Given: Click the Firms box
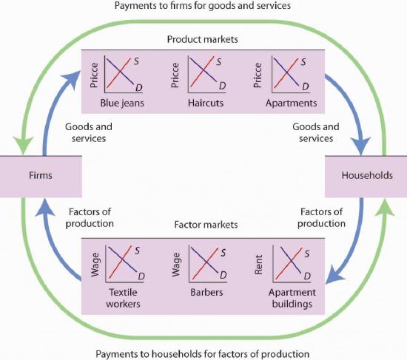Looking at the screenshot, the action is point(41,177).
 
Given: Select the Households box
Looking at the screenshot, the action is point(366,177).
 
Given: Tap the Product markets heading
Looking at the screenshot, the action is point(203,39).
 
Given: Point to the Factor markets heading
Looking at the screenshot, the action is point(206,225).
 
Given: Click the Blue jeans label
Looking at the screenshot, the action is point(122,103).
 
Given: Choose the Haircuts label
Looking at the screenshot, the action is point(206,103).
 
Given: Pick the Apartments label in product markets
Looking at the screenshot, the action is point(292,103).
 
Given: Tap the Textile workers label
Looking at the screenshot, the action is point(123,298).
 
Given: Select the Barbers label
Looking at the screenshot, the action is point(206,292).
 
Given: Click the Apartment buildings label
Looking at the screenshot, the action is point(292,298).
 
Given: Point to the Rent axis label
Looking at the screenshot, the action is point(258,265).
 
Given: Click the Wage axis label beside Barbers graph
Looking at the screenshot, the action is point(176,265).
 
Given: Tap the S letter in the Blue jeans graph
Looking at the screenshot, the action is point(137,61).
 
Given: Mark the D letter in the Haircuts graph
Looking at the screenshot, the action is point(223,86).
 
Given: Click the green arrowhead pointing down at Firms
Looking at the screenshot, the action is point(23,145).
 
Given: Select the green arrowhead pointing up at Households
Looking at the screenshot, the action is point(386,208).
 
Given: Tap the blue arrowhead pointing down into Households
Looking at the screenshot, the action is point(361,146).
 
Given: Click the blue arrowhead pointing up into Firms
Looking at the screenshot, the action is point(45,207).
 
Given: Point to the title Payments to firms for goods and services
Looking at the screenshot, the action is point(203,6).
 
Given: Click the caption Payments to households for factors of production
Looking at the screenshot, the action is point(203,354).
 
